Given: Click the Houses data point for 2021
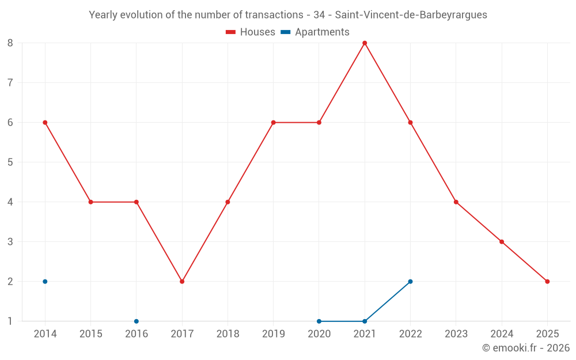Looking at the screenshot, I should point(365,43).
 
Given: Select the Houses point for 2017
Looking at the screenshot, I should point(182,282).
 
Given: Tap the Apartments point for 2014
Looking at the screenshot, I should point(45,282).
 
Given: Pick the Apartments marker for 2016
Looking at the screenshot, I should point(137,321).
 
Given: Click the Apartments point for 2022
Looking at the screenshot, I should point(410,282).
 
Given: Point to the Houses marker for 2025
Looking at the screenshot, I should point(547,282).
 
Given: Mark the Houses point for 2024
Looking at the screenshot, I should point(502,242).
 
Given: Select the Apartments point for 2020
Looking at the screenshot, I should point(319,321).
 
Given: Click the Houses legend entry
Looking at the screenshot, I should point(251,32).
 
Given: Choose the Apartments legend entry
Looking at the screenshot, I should point(315,32).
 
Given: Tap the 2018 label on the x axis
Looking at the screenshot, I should point(228,334).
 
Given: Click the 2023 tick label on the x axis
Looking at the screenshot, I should point(456,334).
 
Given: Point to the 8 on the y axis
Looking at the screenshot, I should point(10,43).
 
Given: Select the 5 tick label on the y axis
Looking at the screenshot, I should point(10,162).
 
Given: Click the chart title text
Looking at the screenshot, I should point(288,15).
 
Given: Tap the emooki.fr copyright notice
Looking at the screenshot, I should point(525,348).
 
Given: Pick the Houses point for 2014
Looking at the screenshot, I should point(45,123).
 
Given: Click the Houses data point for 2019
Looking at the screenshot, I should point(273,123).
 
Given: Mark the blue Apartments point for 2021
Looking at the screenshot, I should point(365,321).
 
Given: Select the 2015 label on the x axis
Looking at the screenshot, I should point(91,334).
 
